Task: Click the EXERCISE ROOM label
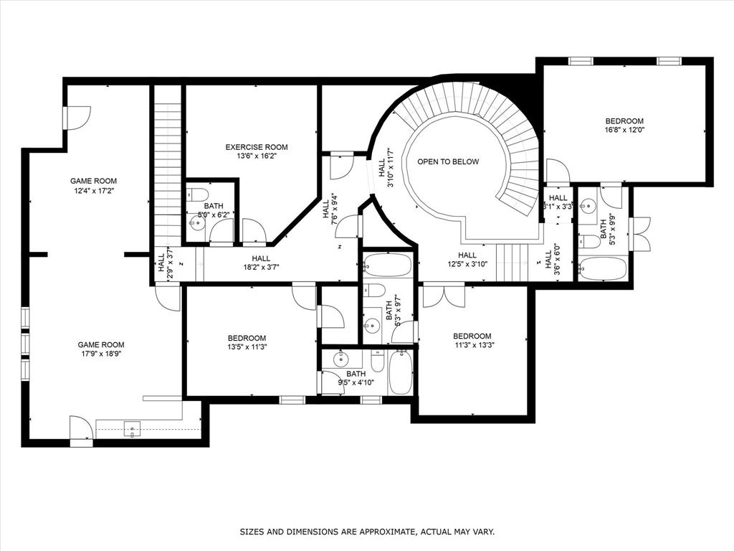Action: (x=257, y=147)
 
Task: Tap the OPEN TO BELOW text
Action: (x=448, y=161)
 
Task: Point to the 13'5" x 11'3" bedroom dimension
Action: (x=247, y=348)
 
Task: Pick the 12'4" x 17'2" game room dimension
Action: (x=93, y=191)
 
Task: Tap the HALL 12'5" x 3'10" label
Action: (x=467, y=260)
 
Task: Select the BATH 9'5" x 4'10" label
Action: (x=356, y=378)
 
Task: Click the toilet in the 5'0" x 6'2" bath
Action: (x=199, y=194)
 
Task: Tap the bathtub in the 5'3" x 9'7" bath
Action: (x=387, y=265)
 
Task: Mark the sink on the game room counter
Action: (x=132, y=430)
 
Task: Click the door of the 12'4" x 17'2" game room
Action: (x=77, y=118)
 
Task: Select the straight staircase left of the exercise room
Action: (x=167, y=172)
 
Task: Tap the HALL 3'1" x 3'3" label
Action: (x=558, y=202)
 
